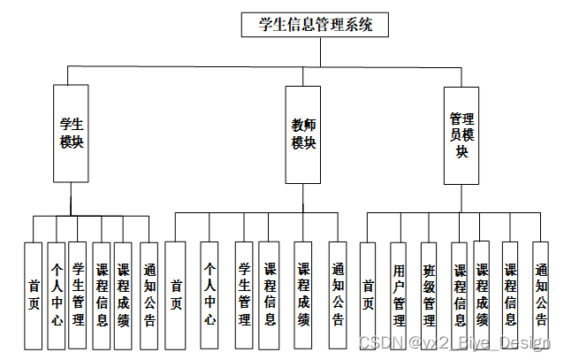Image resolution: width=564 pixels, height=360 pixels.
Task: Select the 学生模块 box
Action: (71, 133)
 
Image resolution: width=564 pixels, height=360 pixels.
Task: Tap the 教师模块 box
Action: (304, 134)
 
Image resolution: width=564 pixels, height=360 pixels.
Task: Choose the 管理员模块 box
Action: (461, 134)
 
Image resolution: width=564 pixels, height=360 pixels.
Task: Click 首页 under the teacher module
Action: (176, 294)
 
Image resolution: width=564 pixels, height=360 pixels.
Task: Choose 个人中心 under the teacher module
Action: (210, 294)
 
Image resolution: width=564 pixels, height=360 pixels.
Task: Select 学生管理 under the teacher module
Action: (244, 294)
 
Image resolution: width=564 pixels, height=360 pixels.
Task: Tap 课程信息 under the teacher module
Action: (270, 294)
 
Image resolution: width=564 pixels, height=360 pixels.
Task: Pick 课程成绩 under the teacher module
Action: (303, 294)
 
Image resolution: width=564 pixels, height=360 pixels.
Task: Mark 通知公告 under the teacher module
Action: (338, 294)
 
